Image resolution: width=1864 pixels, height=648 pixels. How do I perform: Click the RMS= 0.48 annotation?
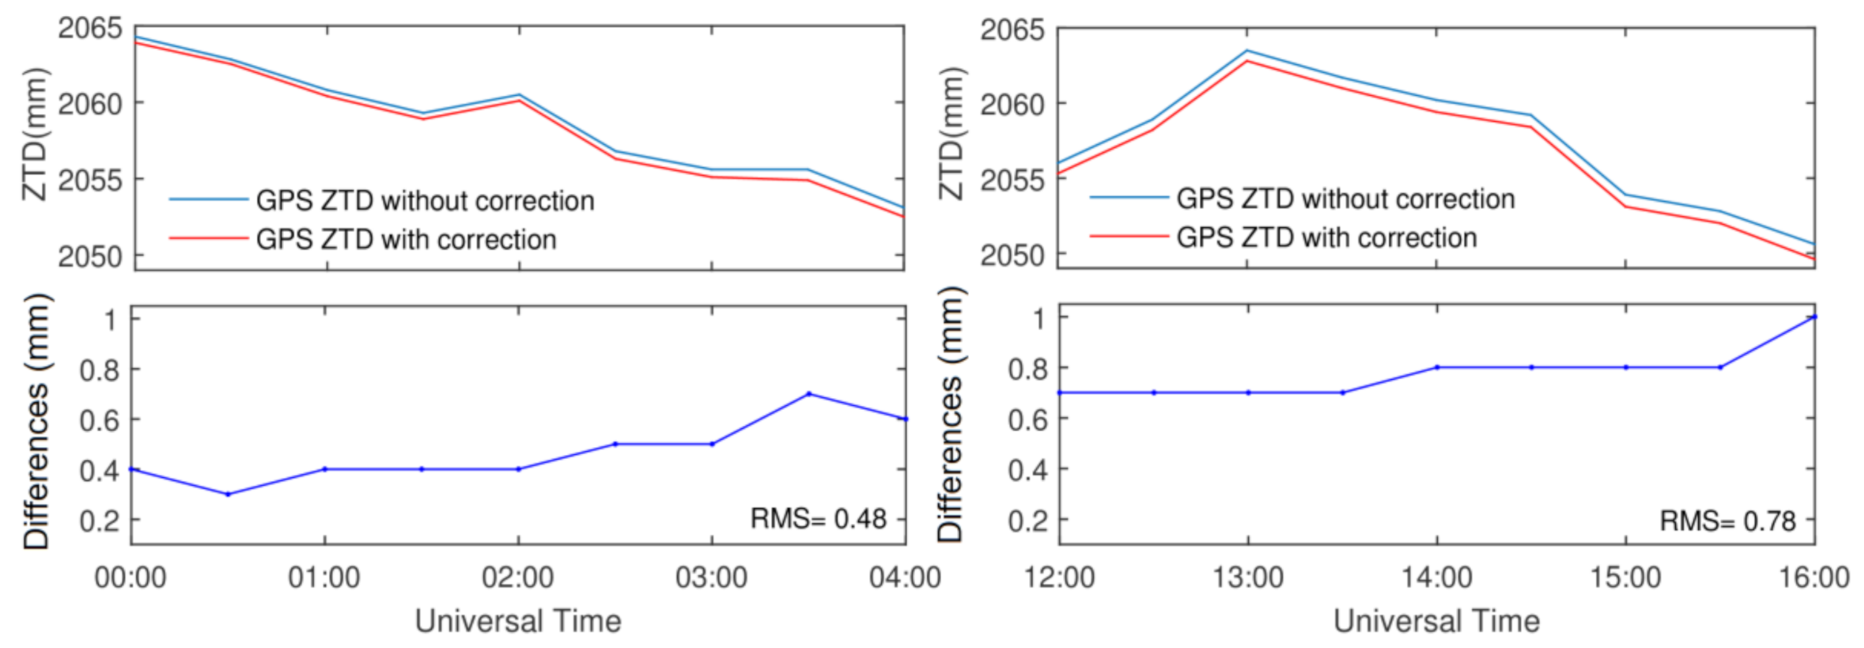point(818,518)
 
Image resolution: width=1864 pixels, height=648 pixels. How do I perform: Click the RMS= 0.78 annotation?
point(1727,520)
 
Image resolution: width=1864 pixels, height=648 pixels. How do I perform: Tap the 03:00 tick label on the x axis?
point(711,578)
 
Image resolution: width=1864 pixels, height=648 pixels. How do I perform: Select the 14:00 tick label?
point(1436,578)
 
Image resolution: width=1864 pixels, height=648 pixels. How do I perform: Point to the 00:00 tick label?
point(131,578)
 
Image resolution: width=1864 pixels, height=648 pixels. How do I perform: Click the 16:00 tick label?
point(1814,578)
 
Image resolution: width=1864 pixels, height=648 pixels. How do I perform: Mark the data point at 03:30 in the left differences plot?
point(809,394)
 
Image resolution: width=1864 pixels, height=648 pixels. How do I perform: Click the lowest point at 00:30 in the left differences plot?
point(228,494)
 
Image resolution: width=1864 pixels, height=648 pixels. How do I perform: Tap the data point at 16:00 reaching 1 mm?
point(1814,316)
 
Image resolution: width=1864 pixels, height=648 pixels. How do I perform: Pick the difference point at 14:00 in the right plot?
point(1437,368)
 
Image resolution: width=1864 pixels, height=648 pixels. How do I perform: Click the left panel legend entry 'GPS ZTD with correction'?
point(406,239)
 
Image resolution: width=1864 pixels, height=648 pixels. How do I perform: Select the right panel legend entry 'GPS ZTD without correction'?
point(1345,199)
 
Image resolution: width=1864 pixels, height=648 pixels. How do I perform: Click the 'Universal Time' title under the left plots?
point(518,621)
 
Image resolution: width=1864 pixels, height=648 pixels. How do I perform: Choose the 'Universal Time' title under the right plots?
point(1436,621)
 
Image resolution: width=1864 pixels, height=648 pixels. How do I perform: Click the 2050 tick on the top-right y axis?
point(1012,255)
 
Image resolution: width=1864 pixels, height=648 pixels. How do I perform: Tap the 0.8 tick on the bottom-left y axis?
point(100,370)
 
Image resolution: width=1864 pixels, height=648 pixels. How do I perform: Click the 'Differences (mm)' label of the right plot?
point(951,416)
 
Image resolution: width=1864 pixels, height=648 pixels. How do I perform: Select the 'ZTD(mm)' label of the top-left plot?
point(34,135)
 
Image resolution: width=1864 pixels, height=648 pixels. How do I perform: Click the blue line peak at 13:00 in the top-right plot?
point(1247,50)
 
